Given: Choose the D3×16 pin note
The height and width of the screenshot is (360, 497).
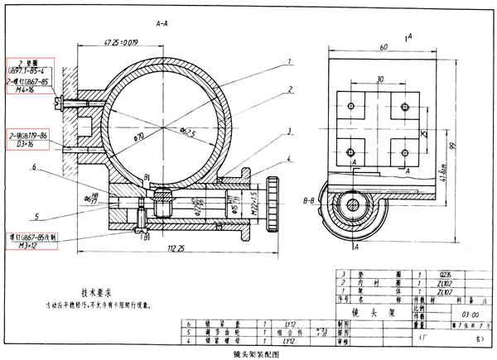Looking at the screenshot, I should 26,143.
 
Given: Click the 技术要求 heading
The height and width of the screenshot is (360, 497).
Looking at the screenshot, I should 98,291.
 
